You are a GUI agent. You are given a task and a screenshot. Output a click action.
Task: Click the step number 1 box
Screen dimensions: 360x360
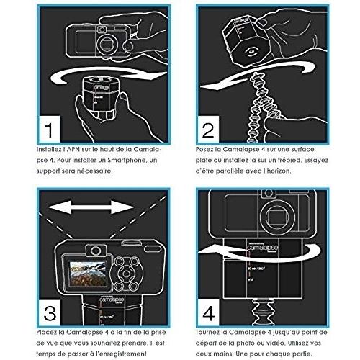(x=50, y=129)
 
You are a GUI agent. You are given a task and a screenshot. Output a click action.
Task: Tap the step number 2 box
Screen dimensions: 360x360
(x=208, y=129)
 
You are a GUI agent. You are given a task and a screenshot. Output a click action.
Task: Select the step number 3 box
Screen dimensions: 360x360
(x=50, y=312)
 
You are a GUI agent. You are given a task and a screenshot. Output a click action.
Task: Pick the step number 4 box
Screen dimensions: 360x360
(x=208, y=312)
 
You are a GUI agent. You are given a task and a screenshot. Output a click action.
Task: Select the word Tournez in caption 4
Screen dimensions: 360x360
(x=207, y=333)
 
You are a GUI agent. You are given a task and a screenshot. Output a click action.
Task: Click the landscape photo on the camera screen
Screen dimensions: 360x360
(x=88, y=274)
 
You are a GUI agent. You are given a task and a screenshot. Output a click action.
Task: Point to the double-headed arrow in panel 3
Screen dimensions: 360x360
(x=91, y=207)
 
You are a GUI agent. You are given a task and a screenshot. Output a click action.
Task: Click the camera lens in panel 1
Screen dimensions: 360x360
(x=106, y=44)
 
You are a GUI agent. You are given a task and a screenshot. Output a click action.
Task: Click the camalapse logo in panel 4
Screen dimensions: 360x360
(x=262, y=247)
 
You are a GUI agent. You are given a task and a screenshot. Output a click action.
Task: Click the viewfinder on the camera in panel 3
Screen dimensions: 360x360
(x=96, y=251)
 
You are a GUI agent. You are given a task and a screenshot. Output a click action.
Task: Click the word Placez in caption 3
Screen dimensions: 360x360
(x=48, y=333)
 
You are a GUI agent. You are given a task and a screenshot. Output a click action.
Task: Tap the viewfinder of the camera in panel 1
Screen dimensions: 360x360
(x=102, y=30)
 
